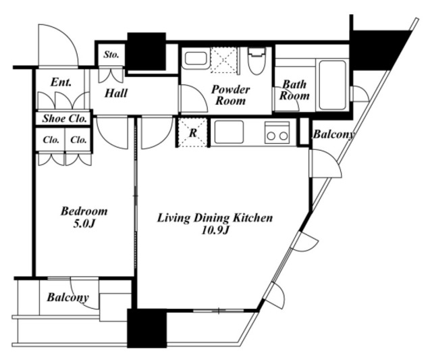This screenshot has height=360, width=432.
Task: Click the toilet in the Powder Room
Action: click(257, 61)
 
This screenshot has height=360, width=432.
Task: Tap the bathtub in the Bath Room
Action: click(332, 85)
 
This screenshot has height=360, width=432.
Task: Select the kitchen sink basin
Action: click(229, 132)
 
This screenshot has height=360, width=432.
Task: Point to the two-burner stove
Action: click(277, 132)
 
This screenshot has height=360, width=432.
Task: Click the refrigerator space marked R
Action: click(192, 132)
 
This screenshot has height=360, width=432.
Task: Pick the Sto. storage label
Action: click(111, 55)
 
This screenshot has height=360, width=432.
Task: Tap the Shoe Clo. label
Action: click(65, 118)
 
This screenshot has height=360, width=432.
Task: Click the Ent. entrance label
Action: click(61, 82)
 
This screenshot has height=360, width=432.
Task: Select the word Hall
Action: click(116, 93)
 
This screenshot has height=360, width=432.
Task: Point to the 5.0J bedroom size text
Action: click(84, 224)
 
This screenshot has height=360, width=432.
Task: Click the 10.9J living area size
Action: click(215, 230)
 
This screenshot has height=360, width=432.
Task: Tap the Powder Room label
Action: click(231, 95)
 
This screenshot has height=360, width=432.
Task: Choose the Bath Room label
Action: click(294, 90)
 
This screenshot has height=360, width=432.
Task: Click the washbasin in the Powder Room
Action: click(196, 59)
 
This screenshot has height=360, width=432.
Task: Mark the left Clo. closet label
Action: click(51, 140)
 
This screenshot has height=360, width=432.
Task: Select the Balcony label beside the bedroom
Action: click(67, 297)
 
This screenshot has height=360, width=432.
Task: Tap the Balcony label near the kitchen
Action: click(333, 134)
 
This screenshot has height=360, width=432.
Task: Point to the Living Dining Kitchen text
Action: click(215, 217)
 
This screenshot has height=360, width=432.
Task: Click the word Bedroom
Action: click(84, 211)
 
